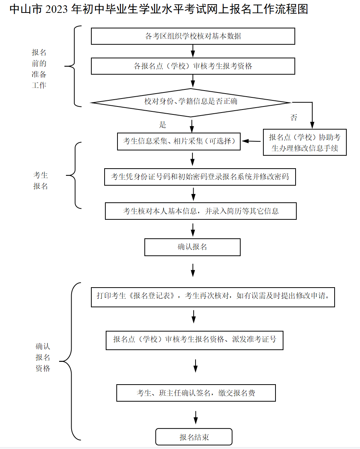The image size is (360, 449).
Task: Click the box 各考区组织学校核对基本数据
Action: [x=193, y=36]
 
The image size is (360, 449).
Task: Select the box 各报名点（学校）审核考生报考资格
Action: [x=193, y=66]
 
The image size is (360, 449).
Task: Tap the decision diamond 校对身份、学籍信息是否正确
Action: [x=191, y=103]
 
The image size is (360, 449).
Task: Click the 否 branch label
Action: [x=294, y=118]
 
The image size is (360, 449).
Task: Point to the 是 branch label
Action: [x=163, y=125]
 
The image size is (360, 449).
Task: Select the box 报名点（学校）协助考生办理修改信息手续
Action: [x=305, y=142]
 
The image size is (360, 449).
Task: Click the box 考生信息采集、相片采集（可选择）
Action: [x=179, y=141]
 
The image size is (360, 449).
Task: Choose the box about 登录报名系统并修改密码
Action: [x=200, y=177]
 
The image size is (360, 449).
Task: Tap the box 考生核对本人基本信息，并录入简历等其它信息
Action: [x=201, y=211]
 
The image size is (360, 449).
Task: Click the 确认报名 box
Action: [x=193, y=247]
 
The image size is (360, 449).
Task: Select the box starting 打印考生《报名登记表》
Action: [x=213, y=297]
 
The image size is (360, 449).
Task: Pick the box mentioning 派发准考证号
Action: [x=194, y=341]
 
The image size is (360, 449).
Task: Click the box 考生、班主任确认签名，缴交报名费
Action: [x=196, y=393]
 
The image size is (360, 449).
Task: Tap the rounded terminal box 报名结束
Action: [x=194, y=437]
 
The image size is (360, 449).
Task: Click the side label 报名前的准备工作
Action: [x=39, y=69]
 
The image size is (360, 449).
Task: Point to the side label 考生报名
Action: [x=41, y=181]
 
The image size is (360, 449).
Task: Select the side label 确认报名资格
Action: [x=43, y=357]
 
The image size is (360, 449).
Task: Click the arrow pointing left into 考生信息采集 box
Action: [x=251, y=141]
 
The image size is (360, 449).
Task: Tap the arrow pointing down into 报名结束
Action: [x=196, y=418]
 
